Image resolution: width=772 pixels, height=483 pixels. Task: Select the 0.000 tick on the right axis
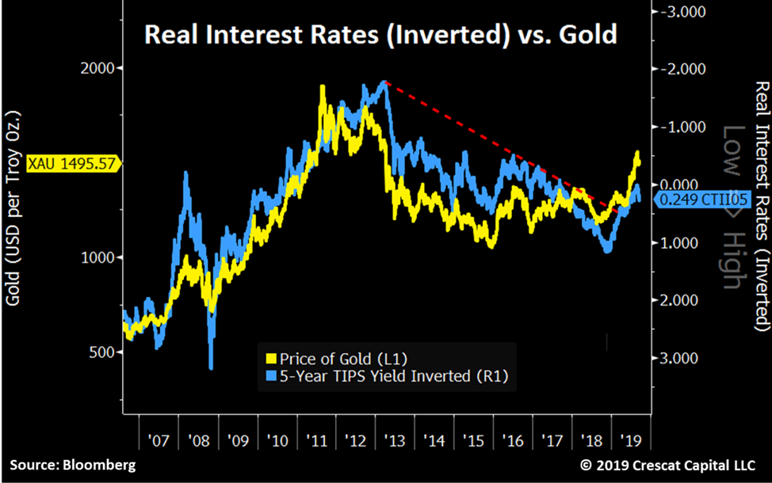pos(676,184)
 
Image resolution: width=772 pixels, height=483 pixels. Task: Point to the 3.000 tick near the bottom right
pos(676,358)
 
